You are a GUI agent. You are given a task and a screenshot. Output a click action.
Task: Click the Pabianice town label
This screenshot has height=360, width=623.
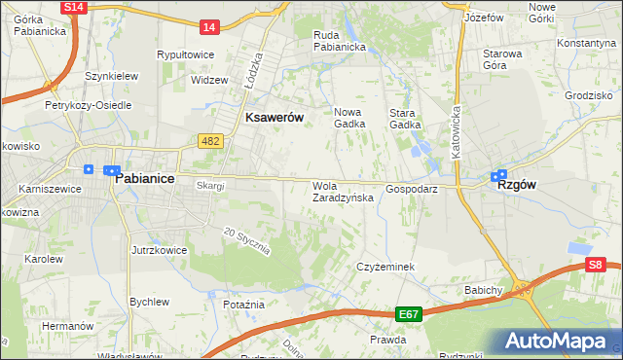point(144,180)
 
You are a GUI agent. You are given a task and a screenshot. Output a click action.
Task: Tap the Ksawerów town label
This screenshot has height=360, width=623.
point(275,117)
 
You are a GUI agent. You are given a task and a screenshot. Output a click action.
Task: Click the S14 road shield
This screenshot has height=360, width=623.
point(73,7)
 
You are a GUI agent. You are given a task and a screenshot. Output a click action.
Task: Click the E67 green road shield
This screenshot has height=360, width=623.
point(408,314)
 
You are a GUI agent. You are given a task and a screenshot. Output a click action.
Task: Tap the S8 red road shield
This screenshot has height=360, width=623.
point(597,264)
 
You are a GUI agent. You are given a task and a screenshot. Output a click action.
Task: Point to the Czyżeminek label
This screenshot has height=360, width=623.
point(385,267)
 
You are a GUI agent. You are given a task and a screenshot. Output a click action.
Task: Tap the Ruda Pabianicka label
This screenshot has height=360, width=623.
point(339,40)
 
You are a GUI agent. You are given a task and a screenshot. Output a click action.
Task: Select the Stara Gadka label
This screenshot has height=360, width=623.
point(405,118)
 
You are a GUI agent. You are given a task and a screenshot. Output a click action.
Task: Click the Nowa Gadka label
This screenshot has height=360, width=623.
point(348,118)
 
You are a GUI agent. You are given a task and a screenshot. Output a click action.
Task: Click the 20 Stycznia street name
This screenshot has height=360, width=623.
point(245,240)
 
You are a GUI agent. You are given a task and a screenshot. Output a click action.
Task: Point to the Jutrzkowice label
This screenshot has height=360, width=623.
point(159,250)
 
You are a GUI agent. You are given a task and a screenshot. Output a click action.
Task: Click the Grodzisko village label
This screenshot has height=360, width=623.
point(586,96)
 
